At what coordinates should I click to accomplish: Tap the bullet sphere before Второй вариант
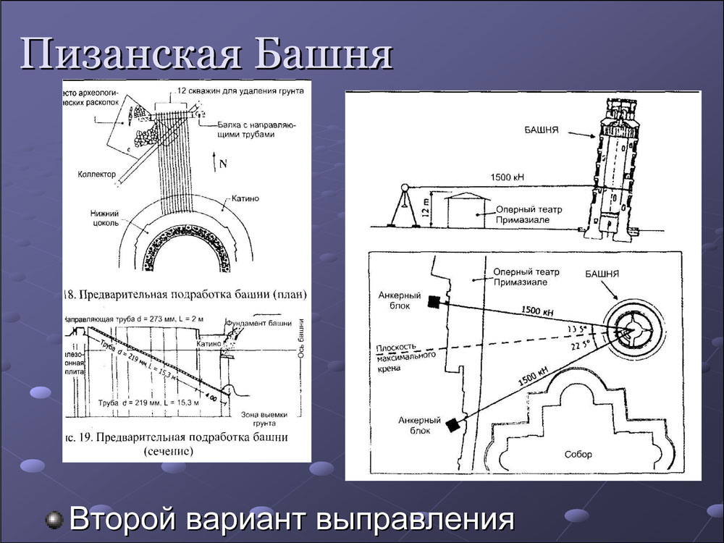(x=54, y=519)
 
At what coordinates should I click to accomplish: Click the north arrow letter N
(x=222, y=164)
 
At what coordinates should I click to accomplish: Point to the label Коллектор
(x=98, y=174)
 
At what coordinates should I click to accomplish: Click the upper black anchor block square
(x=433, y=302)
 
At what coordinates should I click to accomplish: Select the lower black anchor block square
(x=453, y=425)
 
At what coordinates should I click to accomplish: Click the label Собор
(x=578, y=455)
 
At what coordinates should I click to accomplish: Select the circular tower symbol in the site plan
(x=632, y=330)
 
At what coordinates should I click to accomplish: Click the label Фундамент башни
(x=259, y=322)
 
